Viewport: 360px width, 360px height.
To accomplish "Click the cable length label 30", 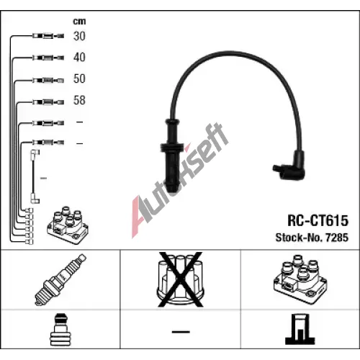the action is point(79,36).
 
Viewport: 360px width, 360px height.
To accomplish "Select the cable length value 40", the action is point(79,58).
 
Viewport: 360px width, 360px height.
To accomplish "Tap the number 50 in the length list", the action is point(79,78).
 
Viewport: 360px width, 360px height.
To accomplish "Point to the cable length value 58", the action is point(79,100).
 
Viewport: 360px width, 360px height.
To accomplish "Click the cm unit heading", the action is point(79,22).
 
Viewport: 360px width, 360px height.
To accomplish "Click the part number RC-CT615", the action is point(318,220).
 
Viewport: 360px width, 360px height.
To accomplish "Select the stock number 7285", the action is point(337,238).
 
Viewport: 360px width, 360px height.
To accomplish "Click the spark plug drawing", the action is point(60,279).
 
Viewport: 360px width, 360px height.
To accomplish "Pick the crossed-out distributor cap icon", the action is point(180,279).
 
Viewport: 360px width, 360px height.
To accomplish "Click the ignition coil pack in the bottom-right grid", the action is point(300,279).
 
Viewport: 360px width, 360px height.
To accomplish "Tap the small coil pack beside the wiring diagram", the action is point(68,225).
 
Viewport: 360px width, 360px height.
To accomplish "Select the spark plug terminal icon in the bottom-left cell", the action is point(60,329).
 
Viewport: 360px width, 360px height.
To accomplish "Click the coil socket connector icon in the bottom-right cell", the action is point(300,329).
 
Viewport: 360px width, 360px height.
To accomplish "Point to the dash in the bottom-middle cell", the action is point(181,332).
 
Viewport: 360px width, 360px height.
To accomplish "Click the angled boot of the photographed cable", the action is point(291,166).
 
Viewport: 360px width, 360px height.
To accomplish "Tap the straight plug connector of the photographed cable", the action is point(172,156).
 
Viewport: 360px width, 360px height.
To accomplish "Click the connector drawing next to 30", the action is point(48,36).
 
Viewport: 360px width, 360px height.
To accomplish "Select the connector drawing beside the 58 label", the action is point(48,102).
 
